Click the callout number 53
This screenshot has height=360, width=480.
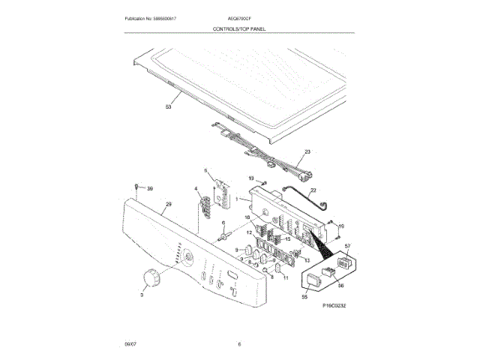pos(168,107)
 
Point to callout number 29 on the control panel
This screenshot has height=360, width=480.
pos(169,204)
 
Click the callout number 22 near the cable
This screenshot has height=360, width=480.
pos(313,191)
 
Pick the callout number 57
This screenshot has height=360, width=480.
pos(347,246)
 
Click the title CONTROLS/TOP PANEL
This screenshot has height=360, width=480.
pos(239,29)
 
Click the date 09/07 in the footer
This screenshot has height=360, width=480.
pos(130,343)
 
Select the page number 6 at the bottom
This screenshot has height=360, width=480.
pos(239,343)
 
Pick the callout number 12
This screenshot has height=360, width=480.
pos(250,233)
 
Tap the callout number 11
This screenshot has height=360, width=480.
pos(286,277)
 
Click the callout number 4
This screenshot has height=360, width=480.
pos(196,189)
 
